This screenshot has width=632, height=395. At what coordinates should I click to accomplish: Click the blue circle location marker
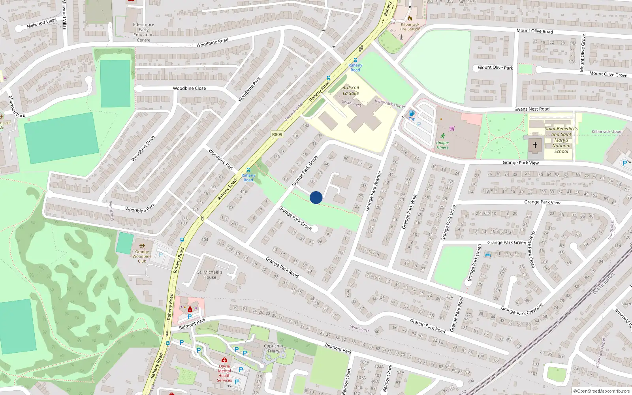click(316, 197)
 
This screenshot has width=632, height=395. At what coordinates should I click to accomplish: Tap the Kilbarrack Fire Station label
click(410, 26)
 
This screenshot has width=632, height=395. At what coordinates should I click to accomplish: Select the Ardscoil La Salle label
click(351, 90)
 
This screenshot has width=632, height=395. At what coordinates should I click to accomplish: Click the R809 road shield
click(277, 135)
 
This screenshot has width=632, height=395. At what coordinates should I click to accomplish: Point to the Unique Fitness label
click(442, 145)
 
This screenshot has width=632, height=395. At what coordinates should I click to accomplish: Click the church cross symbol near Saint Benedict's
click(535, 145)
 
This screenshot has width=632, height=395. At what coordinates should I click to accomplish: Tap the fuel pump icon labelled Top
click(412, 113)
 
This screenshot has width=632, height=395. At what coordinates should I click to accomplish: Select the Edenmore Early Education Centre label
click(144, 32)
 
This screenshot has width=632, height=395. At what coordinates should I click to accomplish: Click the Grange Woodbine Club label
click(142, 256)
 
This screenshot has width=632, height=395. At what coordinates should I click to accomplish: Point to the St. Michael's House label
click(210, 275)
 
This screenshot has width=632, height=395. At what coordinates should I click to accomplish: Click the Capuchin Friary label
click(273, 348)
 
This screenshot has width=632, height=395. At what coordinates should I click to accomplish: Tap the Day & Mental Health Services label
click(224, 373)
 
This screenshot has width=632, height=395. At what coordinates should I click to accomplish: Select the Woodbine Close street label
click(189, 88)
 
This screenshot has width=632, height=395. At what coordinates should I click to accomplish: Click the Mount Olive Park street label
click(495, 68)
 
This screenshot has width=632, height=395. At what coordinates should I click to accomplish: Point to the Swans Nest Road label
click(532, 109)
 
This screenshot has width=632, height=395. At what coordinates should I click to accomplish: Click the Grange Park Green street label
click(507, 243)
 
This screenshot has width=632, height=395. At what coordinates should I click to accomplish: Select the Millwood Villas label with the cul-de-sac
click(41, 23)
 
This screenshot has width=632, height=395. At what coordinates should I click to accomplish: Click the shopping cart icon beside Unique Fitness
click(452, 128)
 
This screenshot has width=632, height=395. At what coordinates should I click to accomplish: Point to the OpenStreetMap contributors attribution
click(602, 391)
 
